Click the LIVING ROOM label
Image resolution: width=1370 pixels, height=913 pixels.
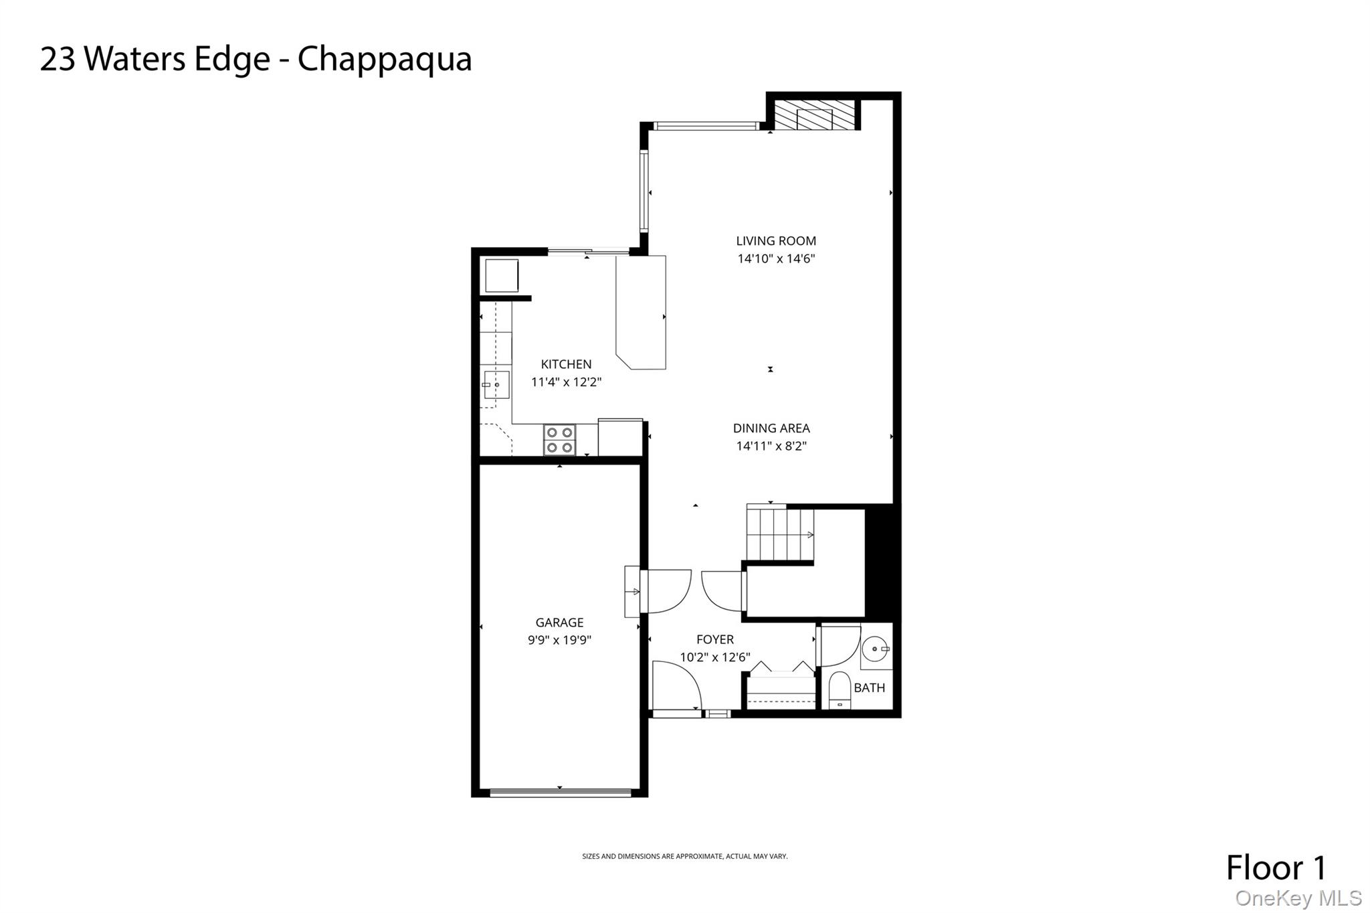[776, 241]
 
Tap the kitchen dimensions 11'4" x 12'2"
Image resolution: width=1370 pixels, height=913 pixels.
[567, 382]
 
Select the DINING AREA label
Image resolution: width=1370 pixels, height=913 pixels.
[771, 428]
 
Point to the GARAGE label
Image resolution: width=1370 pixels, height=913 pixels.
[559, 622]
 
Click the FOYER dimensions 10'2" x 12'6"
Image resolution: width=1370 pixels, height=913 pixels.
[715, 657]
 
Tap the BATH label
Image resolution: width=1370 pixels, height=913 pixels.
[869, 687]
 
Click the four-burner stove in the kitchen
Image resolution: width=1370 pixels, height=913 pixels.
[560, 440]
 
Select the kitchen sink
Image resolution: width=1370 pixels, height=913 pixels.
[496, 385]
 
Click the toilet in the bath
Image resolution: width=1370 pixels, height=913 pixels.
[839, 690]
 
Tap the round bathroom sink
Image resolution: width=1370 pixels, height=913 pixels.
[875, 649]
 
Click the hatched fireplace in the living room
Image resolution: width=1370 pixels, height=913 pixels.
[815, 115]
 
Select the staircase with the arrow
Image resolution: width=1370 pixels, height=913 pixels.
[780, 535]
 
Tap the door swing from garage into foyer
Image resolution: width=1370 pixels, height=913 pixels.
[664, 589]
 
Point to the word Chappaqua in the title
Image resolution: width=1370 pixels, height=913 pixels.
[385, 59]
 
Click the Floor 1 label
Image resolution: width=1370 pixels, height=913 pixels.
[1276, 867]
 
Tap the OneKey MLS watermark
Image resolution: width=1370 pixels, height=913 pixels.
[1298, 898]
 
